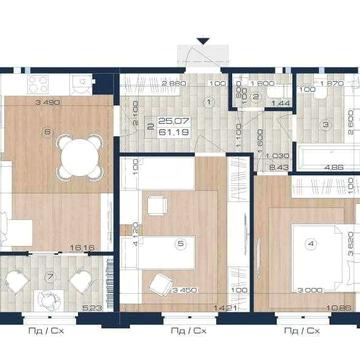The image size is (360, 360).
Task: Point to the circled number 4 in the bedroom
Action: point(311,242)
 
